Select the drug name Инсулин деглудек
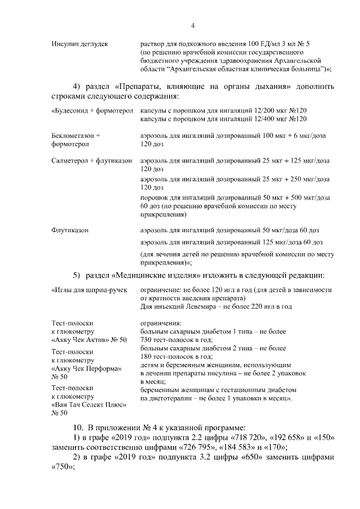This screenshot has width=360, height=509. pos(79,43)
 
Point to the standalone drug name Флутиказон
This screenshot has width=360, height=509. pos(70,231)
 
